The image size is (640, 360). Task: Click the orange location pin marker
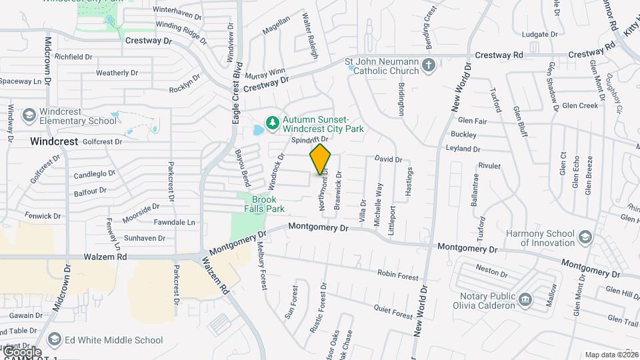pos(320,159)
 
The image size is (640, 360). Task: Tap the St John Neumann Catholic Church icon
pos(429,65)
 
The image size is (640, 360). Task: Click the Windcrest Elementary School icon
pos(29,116)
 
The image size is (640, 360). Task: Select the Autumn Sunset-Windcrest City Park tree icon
pos(272,123)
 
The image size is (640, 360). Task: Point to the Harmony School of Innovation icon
pos(585,237)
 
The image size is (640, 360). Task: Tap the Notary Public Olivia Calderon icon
pos(525,300)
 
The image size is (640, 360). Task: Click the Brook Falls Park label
pos(268,204)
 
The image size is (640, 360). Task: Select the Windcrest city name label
pos(54,141)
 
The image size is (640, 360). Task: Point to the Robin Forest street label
pos(398,275)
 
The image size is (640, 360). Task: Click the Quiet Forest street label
pos(393,311)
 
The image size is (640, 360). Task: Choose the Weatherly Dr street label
pos(117,73)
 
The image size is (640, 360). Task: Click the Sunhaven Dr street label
pos(145,237)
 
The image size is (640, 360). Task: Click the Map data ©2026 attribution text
pos(611,355)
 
